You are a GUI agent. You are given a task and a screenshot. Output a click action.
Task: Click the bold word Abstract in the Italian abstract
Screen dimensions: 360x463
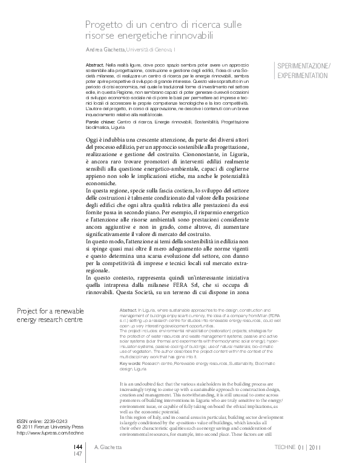coord(95,64)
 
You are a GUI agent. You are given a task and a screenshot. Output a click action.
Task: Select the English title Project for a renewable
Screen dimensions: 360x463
coord(50,312)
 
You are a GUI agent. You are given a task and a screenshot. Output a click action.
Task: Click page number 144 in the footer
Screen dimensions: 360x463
coord(78,447)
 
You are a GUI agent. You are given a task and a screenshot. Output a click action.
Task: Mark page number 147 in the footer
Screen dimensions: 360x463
coord(78,453)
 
